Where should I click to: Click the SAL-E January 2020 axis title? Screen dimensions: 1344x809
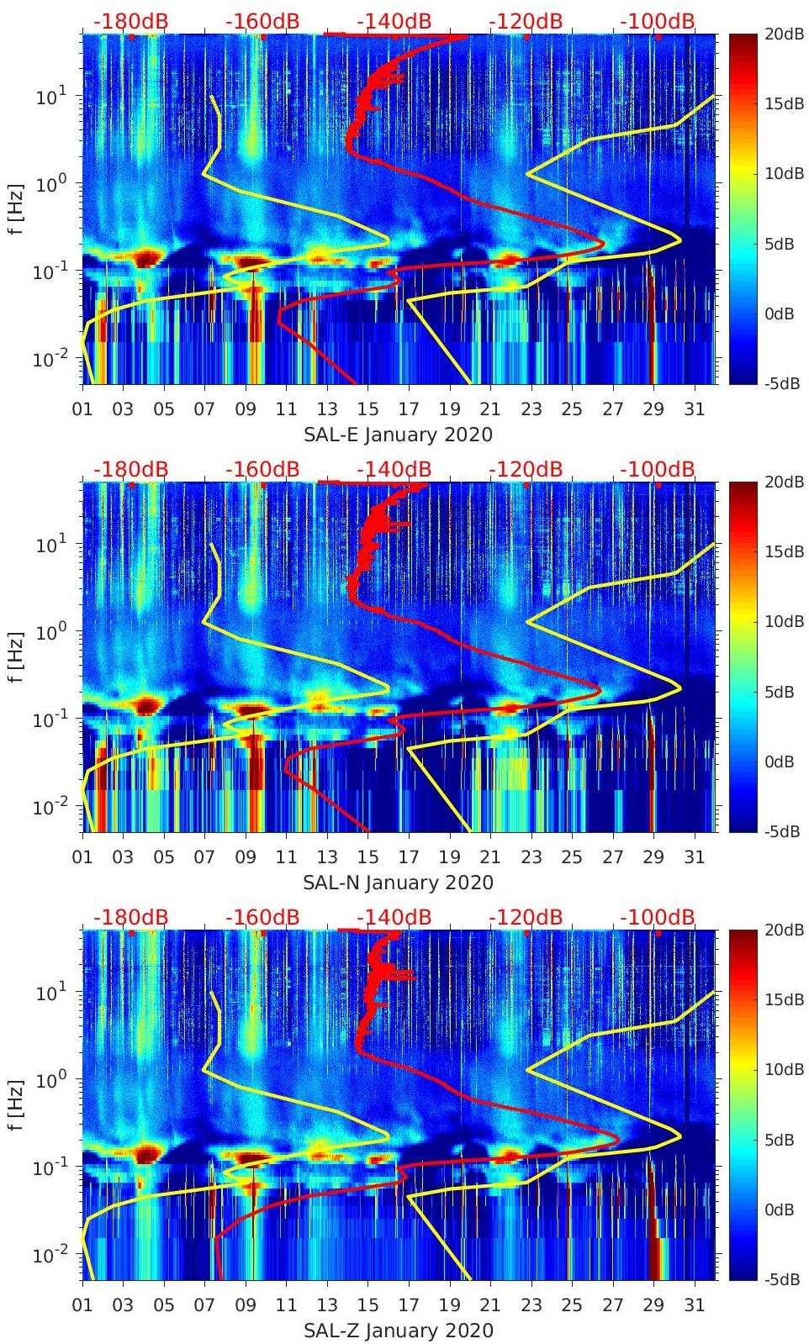[x=398, y=435]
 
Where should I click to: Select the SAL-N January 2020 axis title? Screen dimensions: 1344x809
[x=398, y=883]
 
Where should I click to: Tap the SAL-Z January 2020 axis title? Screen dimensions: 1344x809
[x=398, y=1331]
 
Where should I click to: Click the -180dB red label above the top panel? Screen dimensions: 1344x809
[x=130, y=21]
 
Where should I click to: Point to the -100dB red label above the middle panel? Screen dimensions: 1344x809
[x=658, y=469]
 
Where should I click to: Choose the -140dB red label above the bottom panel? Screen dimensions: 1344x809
[x=394, y=917]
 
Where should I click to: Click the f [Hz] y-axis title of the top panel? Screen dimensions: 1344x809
[x=17, y=208]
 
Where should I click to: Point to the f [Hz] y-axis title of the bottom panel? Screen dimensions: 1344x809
[x=17, y=1104]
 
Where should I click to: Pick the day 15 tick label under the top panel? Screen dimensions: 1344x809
[x=367, y=409]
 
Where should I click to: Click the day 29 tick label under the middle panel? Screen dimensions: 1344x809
[x=653, y=857]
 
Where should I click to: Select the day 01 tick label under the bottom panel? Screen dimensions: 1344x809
[x=82, y=1305]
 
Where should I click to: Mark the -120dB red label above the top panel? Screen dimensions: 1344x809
[x=526, y=21]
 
